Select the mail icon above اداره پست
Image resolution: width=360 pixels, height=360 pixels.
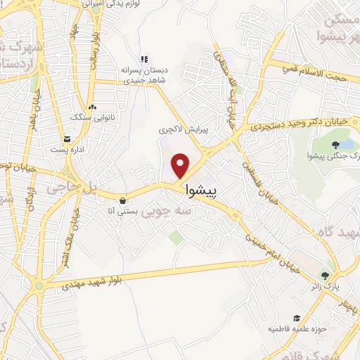point(67,139)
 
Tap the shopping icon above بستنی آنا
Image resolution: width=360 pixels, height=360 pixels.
point(124,200)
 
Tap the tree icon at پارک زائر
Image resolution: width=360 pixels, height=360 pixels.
point(324,276)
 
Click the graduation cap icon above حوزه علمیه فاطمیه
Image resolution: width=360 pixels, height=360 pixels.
point(297,319)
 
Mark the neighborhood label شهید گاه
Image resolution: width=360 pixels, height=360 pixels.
point(337,232)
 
